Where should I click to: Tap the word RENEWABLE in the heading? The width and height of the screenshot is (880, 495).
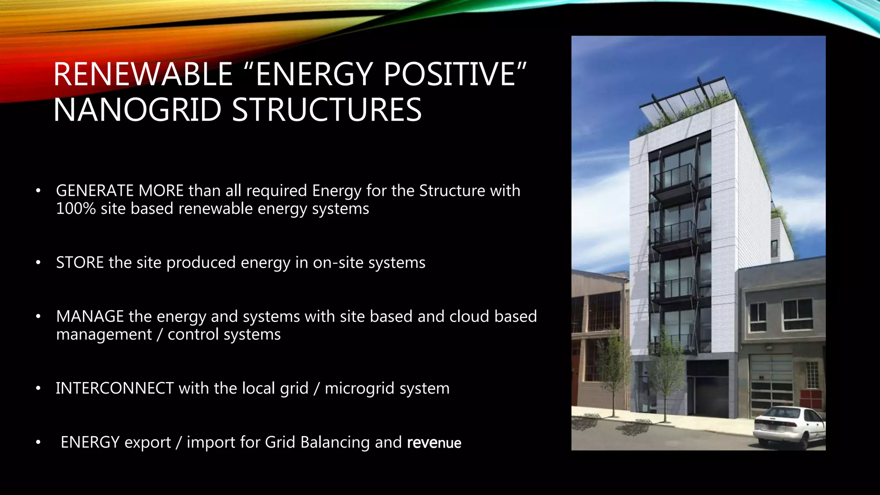coord(143,74)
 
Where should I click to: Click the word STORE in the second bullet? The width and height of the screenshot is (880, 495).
coord(80,263)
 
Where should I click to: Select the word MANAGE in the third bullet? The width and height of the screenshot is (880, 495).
coord(90,317)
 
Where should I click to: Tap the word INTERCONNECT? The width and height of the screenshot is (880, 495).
coord(115,388)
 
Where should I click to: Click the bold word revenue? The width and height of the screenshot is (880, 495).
coord(434,443)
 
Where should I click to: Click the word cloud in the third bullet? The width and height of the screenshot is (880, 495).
coord(469,317)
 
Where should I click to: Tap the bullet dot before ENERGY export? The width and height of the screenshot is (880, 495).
coord(38,442)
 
